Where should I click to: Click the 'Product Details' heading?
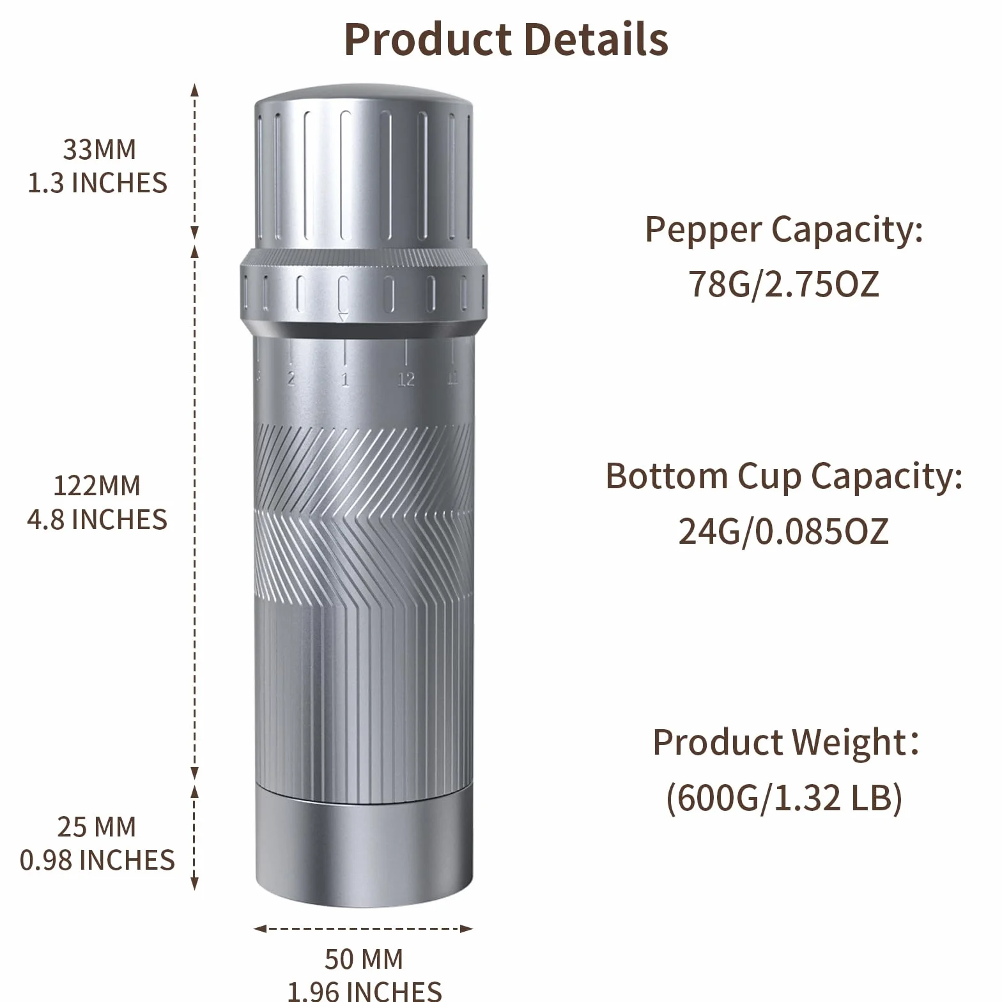506,40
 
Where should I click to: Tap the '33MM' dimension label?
99,150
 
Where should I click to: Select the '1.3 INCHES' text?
97,183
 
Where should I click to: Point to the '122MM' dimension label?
96,486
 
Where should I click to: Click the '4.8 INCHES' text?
97,520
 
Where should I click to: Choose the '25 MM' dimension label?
96,827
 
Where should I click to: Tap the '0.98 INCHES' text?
97,860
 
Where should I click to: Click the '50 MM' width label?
364,959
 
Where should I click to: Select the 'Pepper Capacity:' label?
784,229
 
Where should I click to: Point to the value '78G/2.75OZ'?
784,284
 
